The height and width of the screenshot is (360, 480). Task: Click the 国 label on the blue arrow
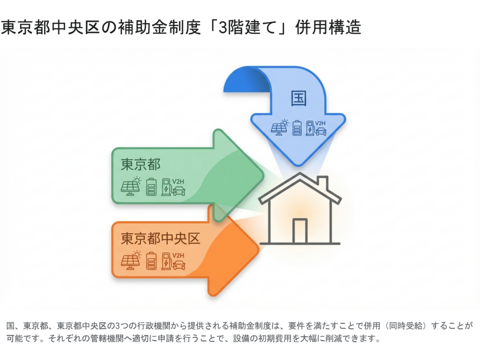pos(299,99)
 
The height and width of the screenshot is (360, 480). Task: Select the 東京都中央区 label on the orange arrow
pos(160,238)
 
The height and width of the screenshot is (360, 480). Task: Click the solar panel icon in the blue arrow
pos(280,127)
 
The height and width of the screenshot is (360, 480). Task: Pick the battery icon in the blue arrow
pos(297,128)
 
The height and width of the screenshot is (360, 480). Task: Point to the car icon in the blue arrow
pos(321,131)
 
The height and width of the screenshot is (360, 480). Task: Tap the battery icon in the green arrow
pos(151,186)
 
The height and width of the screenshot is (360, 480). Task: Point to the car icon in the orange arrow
pos(179,265)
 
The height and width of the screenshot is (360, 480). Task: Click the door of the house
pos(300,231)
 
